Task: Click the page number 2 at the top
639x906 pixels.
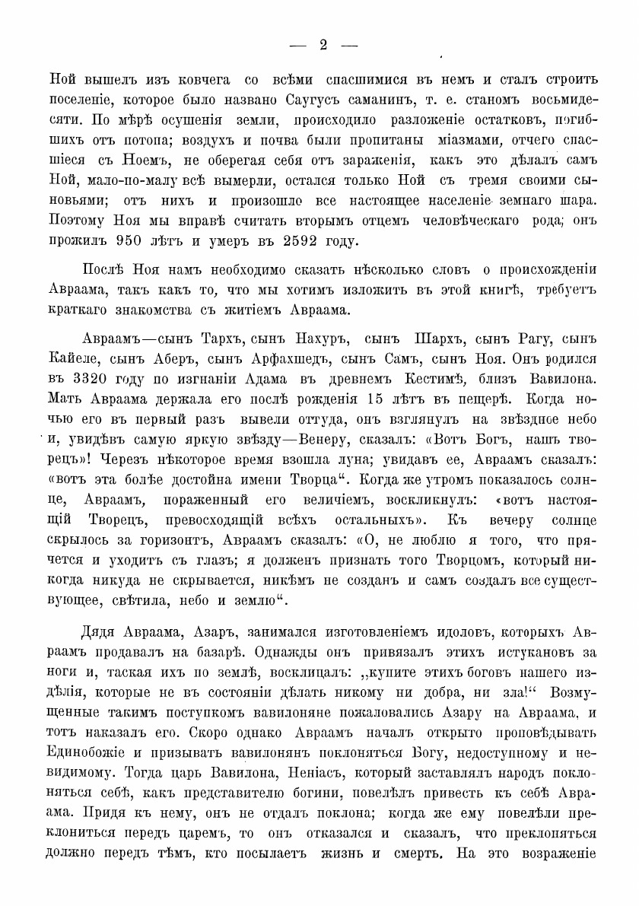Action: (x=323, y=45)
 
